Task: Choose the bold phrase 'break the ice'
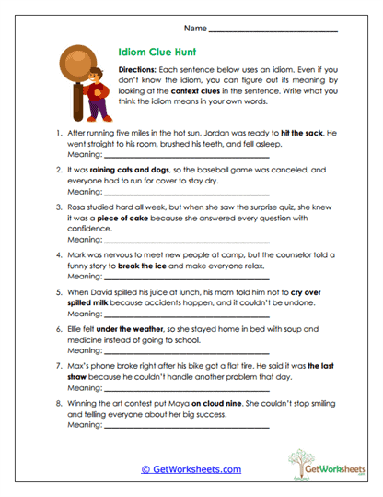pos(143,266)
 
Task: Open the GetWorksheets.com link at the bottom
pos(191,469)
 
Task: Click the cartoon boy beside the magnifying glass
pos(99,98)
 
